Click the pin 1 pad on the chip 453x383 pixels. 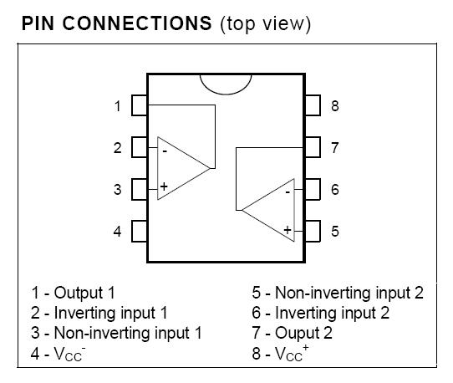(x=140, y=105)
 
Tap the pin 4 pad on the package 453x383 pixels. (x=140, y=232)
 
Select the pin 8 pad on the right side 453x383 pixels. (x=313, y=105)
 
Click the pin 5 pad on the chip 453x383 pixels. (x=313, y=232)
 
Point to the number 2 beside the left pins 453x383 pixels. (x=118, y=148)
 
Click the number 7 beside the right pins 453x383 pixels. (x=335, y=148)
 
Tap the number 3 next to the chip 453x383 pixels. (x=118, y=190)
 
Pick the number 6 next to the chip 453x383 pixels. (x=335, y=190)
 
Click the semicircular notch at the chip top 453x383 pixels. (x=226, y=94)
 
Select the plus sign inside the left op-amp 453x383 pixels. (x=164, y=186)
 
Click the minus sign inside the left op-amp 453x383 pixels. (x=165, y=151)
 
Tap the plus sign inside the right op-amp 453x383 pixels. (x=288, y=230)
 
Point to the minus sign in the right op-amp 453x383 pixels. (x=288, y=192)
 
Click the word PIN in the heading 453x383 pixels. (x=38, y=23)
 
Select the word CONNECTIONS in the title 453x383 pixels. (x=137, y=23)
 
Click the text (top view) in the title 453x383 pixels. (x=266, y=24)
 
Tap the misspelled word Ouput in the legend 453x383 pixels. (x=298, y=334)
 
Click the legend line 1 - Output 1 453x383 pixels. (x=73, y=293)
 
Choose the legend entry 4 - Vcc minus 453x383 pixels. (x=58, y=353)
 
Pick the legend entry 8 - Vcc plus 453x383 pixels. (x=280, y=353)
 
